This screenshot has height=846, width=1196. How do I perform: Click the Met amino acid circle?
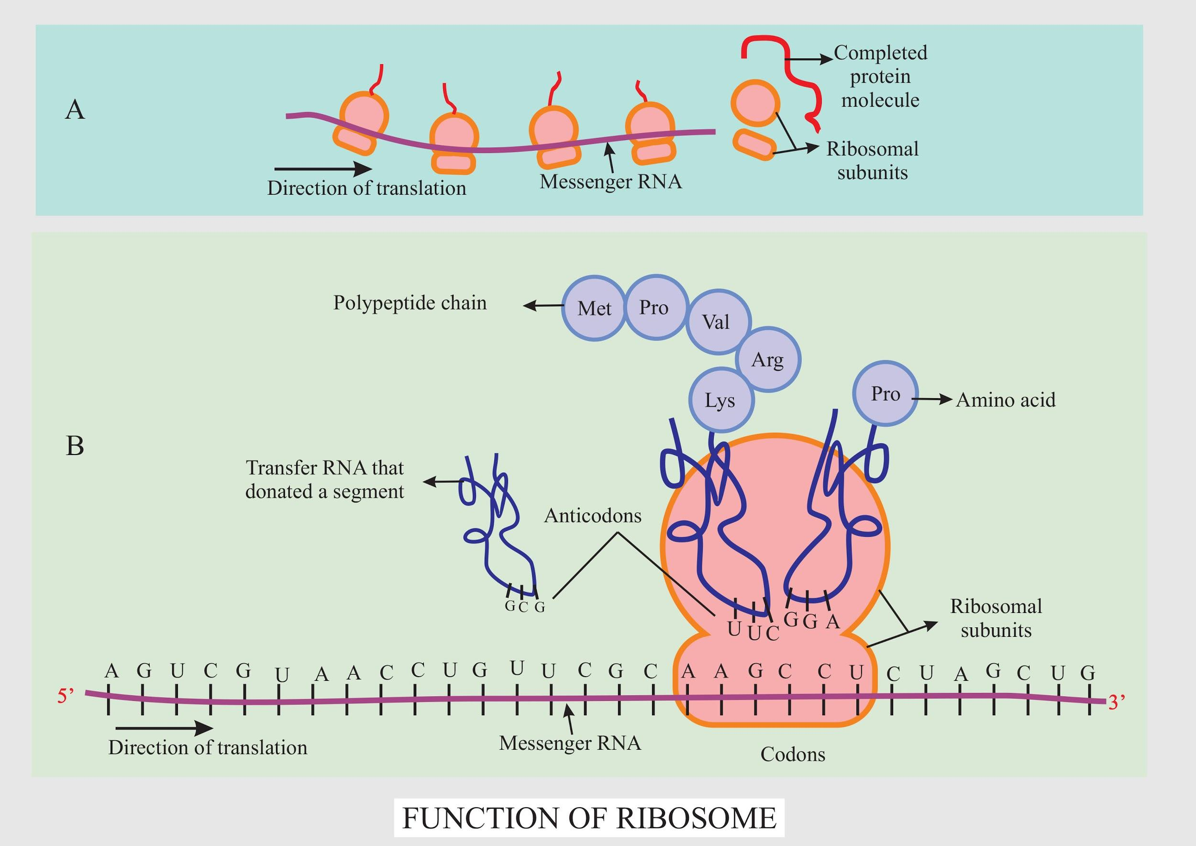[x=594, y=308]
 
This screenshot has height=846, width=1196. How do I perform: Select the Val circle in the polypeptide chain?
[x=717, y=322]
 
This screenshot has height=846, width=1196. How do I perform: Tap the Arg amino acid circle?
[x=768, y=359]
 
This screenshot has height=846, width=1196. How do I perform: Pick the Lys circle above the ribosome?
[x=720, y=400]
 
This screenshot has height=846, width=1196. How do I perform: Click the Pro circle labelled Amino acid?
[x=886, y=394]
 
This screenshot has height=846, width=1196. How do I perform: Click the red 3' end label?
[x=1116, y=703]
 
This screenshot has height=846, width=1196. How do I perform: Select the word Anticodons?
[x=593, y=516]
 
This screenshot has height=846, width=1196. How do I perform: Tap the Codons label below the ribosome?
[x=793, y=754]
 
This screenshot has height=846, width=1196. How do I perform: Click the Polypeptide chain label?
[x=410, y=303]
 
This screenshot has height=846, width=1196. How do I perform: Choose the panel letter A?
[x=75, y=110]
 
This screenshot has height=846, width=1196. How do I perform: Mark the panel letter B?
[x=75, y=445]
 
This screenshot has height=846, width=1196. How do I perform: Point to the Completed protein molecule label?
[x=880, y=76]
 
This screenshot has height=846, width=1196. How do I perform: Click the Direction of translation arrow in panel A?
[x=323, y=169]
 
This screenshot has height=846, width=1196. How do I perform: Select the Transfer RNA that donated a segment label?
[x=324, y=479]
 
